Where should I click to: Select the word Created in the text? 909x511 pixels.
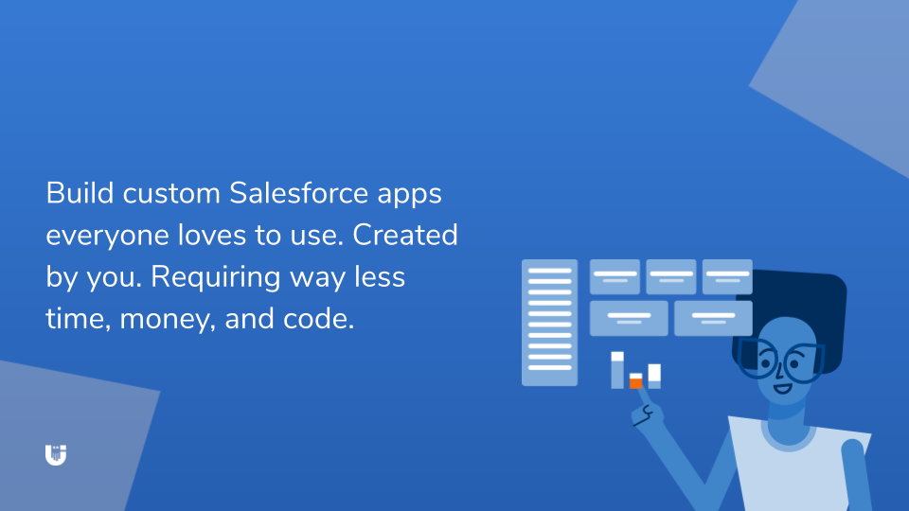406,235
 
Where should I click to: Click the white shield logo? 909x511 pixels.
56,454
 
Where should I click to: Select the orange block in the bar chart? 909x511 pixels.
635,383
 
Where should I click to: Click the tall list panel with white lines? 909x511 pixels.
549,323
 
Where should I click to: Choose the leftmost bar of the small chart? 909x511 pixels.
617,370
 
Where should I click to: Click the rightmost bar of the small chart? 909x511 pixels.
654,375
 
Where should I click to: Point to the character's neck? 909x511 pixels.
785,416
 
